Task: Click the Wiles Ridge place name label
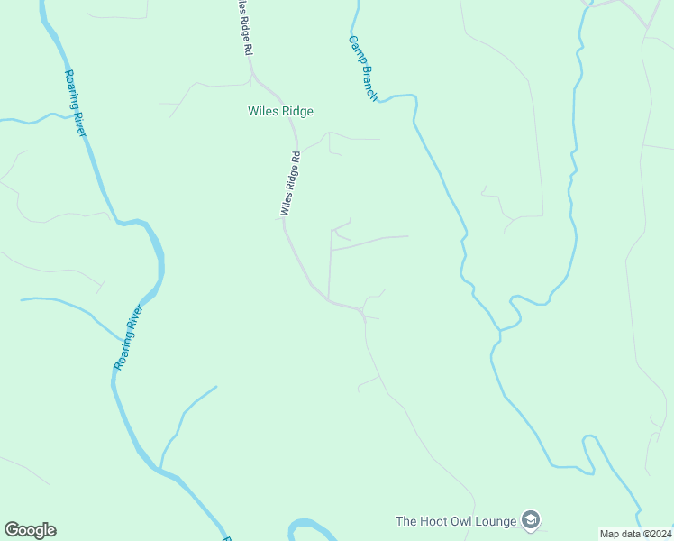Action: [x=280, y=112]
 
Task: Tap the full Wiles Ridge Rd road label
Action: [x=289, y=183]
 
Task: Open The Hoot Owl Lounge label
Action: [x=456, y=521]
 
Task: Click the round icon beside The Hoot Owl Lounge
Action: [x=532, y=520]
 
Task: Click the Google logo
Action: [x=30, y=530]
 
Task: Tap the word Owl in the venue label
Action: [x=457, y=521]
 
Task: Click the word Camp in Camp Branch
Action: [x=356, y=48]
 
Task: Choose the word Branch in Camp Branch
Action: [x=368, y=82]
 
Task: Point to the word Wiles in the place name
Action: [x=261, y=112]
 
